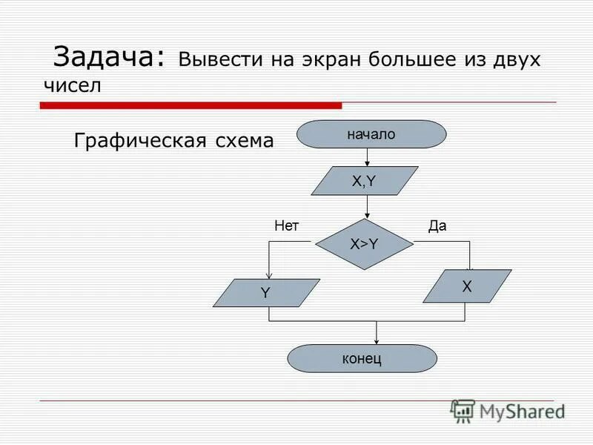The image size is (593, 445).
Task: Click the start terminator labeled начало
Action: pos(371,134)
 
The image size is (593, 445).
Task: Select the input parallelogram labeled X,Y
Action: pos(365,180)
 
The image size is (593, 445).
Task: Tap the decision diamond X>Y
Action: pos(364,244)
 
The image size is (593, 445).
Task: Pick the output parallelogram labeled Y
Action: pos(266,293)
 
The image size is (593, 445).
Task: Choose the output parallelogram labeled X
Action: pos(467,286)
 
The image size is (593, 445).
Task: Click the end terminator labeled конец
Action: pos(362,358)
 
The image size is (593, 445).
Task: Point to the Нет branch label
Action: pos(286,226)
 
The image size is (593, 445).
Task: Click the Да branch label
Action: pos(438,226)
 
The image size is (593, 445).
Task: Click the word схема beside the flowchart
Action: pos(242,140)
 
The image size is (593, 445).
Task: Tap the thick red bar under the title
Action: pos(191,106)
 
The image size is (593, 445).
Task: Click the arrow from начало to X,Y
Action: pos(368,156)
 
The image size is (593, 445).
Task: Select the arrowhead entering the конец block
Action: pos(377,340)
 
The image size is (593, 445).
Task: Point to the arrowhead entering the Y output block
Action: pos(269,275)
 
